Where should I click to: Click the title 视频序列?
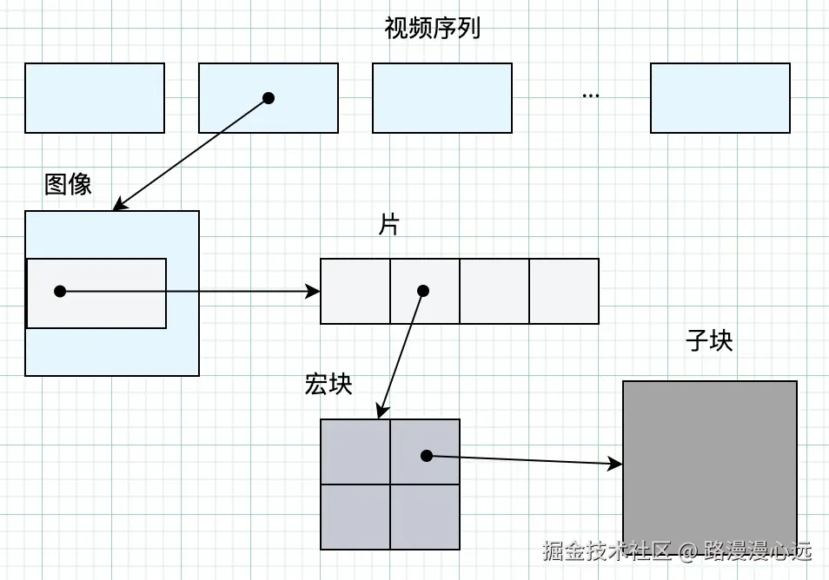pyautogui.click(x=432, y=28)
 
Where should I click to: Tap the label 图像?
pyautogui.click(x=68, y=184)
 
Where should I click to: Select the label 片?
pyautogui.click(x=388, y=225)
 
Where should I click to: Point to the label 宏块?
pyautogui.click(x=328, y=384)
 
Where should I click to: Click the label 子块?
pyautogui.click(x=709, y=340)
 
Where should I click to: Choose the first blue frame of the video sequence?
pyautogui.click(x=95, y=98)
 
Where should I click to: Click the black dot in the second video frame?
pyautogui.click(x=269, y=98)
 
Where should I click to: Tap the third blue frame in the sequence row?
pyautogui.click(x=442, y=98)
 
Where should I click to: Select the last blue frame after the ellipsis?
pyautogui.click(x=720, y=98)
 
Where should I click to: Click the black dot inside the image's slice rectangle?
pyautogui.click(x=60, y=291)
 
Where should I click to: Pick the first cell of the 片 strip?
pyautogui.click(x=355, y=291)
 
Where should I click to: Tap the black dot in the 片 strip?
pyautogui.click(x=422, y=290)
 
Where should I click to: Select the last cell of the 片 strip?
pyautogui.click(x=564, y=291)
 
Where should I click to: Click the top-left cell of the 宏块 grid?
pyautogui.click(x=355, y=451)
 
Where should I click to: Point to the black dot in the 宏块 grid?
pyautogui.click(x=426, y=455)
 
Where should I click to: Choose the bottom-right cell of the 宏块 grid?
pyautogui.click(x=425, y=517)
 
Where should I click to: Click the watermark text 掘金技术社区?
pyautogui.click(x=607, y=550)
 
